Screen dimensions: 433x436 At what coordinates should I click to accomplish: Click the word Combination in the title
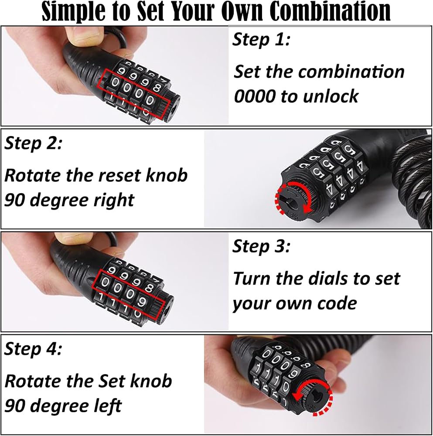tap(331, 11)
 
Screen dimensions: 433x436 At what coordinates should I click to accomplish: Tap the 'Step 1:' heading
tap(261, 39)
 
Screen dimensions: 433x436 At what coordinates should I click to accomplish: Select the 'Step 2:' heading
tap(33, 143)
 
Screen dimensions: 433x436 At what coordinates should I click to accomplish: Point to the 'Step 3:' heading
tap(261, 246)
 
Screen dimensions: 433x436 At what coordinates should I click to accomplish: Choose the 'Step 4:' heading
tap(33, 349)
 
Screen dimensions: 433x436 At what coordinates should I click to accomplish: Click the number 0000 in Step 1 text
tap(255, 96)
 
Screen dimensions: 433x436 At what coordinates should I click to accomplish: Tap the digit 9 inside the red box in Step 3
tap(142, 301)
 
